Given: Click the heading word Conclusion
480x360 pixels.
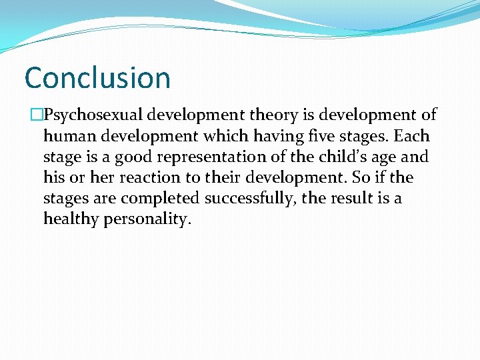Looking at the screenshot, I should pos(97,77).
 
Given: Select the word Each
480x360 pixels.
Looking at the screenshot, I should pos(412,136).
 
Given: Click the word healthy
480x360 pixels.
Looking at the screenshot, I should pos(71,220).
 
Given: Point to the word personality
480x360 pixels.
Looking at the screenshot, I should pos(147,220).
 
